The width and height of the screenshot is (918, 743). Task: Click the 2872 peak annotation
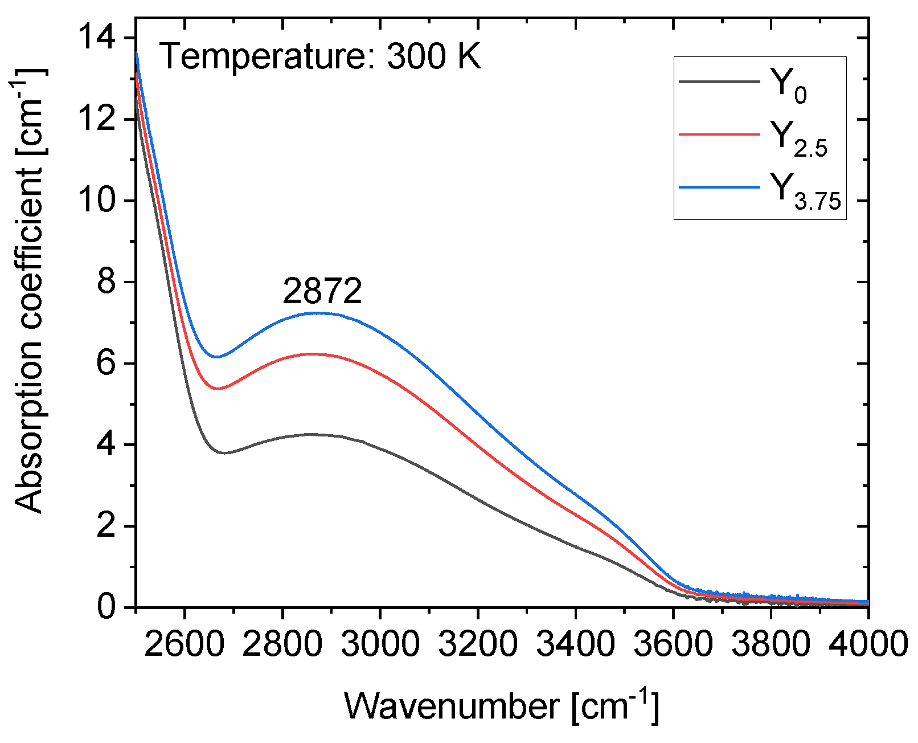coord(322,292)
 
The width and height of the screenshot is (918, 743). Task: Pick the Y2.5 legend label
coord(798,138)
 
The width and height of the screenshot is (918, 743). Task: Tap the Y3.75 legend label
coord(805,191)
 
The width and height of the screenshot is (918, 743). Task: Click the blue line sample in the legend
coord(719,187)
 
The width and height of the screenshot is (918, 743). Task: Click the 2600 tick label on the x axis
coord(185,644)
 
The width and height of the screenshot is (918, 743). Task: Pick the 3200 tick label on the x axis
coord(477,644)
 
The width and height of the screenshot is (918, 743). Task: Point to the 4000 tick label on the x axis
coord(868,644)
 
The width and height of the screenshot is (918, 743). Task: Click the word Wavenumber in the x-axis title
coord(453,707)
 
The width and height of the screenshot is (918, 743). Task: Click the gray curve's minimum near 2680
coord(224,453)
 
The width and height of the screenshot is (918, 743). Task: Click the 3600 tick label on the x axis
coord(673,644)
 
